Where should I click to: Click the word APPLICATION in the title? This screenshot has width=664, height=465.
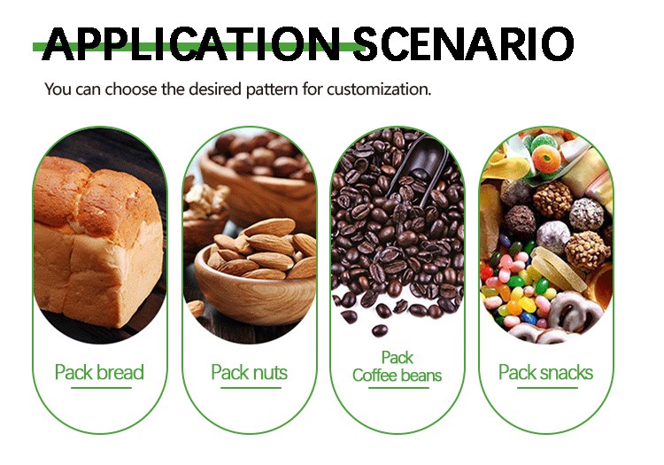(x=193, y=43)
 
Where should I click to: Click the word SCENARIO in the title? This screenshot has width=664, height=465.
(x=463, y=43)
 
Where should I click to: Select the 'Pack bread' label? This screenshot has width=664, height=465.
(x=99, y=372)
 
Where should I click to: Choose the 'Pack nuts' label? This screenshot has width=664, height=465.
(x=249, y=372)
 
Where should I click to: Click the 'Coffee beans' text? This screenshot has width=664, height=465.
(x=397, y=376)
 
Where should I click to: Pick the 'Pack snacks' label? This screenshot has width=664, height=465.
(x=545, y=372)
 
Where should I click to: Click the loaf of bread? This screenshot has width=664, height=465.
(x=97, y=242)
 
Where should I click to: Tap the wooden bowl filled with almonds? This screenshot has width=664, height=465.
(x=255, y=271)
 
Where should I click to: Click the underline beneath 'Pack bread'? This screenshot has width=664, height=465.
(x=101, y=388)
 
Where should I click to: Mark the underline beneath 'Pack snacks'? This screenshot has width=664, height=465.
(x=547, y=388)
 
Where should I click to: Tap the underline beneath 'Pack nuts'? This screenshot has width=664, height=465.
(x=251, y=388)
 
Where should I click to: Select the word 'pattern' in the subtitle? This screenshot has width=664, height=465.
(x=273, y=89)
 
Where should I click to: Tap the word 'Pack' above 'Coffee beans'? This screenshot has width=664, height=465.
(x=398, y=358)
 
